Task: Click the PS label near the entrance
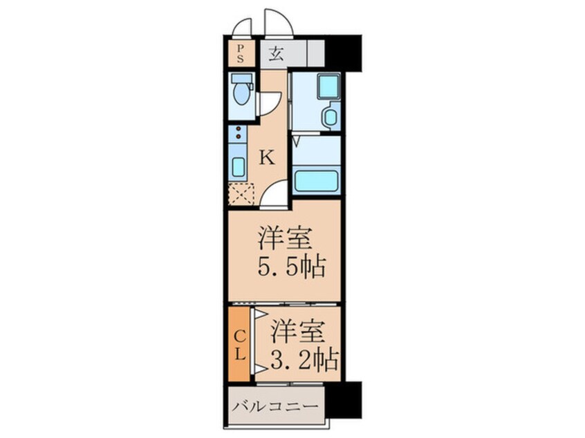pyautogui.click(x=240, y=53)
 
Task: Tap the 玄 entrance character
pyautogui.click(x=275, y=54)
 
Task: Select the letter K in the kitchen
pyautogui.click(x=267, y=158)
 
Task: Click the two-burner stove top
pyautogui.click(x=238, y=133)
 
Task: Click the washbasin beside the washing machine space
pyautogui.click(x=330, y=117)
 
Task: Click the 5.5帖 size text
pyautogui.click(x=290, y=267)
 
